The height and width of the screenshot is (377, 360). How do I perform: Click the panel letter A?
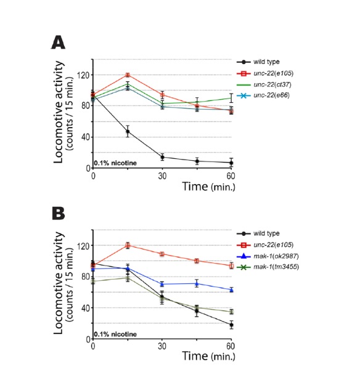(58, 43)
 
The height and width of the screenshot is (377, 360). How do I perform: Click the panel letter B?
(59, 213)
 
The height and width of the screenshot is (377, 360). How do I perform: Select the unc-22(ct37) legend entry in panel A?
(264, 84)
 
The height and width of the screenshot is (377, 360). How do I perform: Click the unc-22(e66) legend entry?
(263, 95)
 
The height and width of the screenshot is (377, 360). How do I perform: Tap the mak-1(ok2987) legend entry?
(268, 256)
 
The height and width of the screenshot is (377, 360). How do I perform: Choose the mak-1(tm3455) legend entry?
(268, 267)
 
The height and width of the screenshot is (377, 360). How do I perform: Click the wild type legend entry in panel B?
(258, 233)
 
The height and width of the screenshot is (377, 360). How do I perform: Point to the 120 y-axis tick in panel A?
(83, 75)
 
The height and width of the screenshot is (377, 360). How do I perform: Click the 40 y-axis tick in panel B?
(86, 308)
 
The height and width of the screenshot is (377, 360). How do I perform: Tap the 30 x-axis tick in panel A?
(162, 176)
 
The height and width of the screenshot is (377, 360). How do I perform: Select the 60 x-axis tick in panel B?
(231, 346)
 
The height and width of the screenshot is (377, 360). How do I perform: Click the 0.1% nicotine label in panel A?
(115, 163)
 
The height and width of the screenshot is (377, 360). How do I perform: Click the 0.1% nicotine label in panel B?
(115, 334)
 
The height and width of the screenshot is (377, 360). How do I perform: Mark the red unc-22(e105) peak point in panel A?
(128, 75)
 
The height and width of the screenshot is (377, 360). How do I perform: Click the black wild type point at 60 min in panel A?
(231, 163)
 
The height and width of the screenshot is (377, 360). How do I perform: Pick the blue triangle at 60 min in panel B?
(231, 290)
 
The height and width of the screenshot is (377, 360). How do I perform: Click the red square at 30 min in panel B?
(162, 254)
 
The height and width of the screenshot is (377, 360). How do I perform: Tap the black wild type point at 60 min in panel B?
(231, 325)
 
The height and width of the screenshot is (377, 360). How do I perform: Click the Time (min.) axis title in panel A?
(208, 187)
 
